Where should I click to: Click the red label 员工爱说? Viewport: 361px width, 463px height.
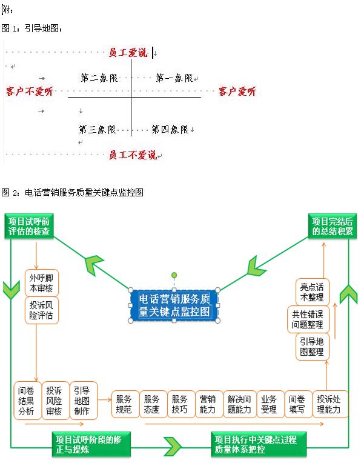128,53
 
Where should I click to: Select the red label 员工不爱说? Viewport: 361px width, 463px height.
133,155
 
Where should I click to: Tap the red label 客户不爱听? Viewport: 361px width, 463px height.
30,92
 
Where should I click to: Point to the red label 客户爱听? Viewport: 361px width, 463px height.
237,92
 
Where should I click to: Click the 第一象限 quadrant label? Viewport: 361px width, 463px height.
174,78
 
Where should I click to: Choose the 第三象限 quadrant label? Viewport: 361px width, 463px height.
97,129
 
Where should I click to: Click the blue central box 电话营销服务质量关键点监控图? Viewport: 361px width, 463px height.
174,305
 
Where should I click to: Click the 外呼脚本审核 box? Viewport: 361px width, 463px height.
41,283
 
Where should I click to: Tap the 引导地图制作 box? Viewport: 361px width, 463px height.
82,401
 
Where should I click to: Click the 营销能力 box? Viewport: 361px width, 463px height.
208,404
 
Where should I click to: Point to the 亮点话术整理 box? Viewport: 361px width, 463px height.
312,291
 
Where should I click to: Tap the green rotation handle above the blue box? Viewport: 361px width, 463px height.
174,275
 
